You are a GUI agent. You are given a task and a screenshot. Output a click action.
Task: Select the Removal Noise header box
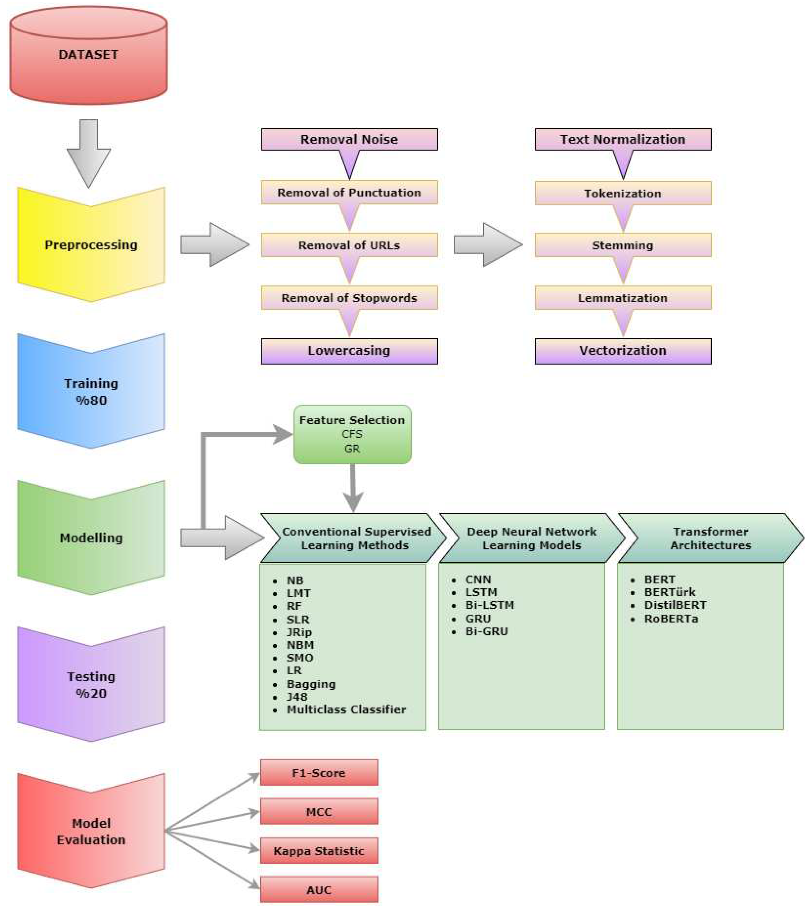[349, 139]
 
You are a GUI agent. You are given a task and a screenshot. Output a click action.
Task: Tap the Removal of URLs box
[349, 245]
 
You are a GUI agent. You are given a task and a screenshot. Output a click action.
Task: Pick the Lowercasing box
[349, 351]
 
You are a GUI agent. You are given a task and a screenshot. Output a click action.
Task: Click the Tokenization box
[623, 193]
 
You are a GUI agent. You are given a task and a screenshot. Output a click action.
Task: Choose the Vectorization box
[623, 351]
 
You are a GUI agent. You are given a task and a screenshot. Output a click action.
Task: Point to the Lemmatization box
[623, 298]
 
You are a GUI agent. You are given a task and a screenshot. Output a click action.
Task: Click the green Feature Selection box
[352, 434]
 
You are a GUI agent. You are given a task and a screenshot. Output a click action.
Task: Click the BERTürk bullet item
[669, 592]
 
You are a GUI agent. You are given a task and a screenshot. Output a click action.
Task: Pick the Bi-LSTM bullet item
[489, 605]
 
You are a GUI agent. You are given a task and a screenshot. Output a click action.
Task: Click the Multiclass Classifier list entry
[346, 710]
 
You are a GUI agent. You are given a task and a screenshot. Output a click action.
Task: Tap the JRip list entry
[299, 632]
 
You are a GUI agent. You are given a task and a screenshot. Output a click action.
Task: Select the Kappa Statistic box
[319, 851]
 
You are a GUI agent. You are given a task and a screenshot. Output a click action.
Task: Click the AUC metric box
[319, 890]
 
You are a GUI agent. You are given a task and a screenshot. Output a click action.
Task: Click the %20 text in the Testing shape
[91, 693]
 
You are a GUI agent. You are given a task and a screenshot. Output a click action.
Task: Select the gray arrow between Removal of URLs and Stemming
[488, 245]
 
